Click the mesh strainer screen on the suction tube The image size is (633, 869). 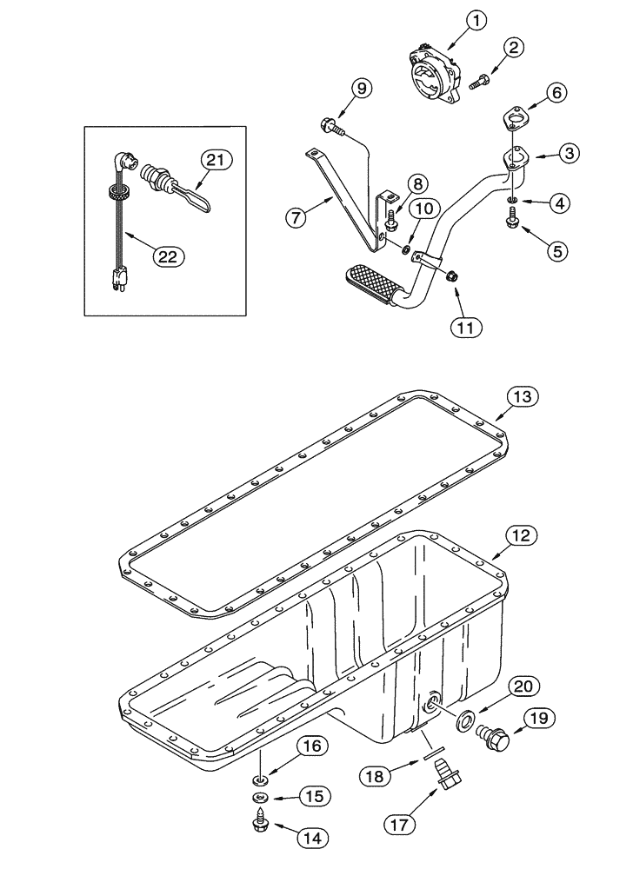369,282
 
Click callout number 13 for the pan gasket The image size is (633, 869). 522,398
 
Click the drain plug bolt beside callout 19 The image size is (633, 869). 496,732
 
